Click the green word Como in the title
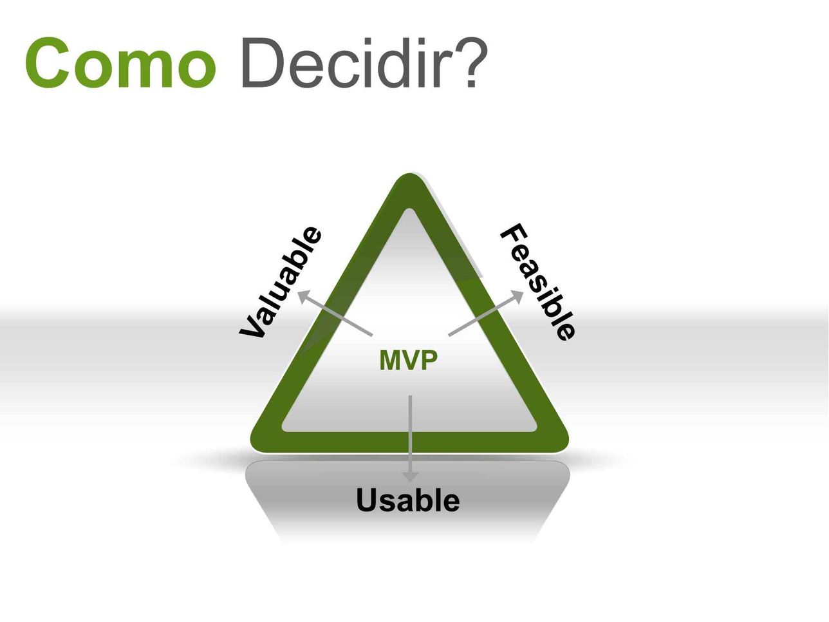120,62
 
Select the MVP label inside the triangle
408,360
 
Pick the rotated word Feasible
538,282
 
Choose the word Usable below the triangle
408,500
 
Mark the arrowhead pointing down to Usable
410,476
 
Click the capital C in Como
48,62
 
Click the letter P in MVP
430,360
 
